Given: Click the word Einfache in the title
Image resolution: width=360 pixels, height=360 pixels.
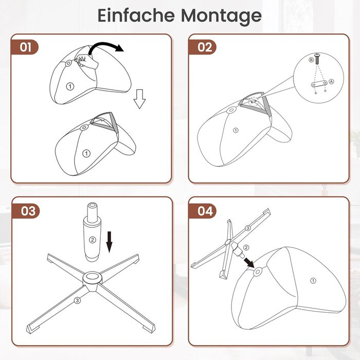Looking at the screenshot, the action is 136,15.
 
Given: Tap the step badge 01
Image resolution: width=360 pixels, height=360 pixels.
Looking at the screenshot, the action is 25,47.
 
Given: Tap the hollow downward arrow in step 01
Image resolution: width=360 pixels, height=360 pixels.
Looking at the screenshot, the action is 139,99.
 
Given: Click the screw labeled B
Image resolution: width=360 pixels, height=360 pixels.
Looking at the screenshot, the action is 318,58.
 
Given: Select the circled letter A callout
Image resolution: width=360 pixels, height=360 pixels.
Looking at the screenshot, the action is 331,81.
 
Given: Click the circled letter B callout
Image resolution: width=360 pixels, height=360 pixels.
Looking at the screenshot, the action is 311,60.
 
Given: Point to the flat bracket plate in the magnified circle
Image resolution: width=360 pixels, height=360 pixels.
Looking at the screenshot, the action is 319,83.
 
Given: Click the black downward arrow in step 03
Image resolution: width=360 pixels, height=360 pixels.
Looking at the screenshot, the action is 110,242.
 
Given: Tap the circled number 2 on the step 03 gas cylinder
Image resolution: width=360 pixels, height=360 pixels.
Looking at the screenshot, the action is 92,240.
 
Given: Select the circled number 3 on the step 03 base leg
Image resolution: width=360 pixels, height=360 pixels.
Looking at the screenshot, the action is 77,300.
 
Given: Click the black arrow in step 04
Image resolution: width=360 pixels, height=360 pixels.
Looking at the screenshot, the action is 249,262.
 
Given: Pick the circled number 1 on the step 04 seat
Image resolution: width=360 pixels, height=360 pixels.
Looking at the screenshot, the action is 313,281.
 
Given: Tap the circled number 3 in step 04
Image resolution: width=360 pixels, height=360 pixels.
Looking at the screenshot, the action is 247,228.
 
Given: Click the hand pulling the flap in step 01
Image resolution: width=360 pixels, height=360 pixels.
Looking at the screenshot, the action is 86,61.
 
